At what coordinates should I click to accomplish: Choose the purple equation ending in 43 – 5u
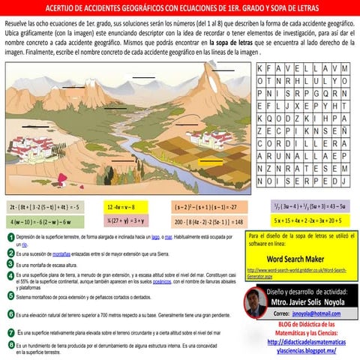(307, 205)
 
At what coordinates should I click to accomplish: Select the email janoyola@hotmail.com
(310, 313)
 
